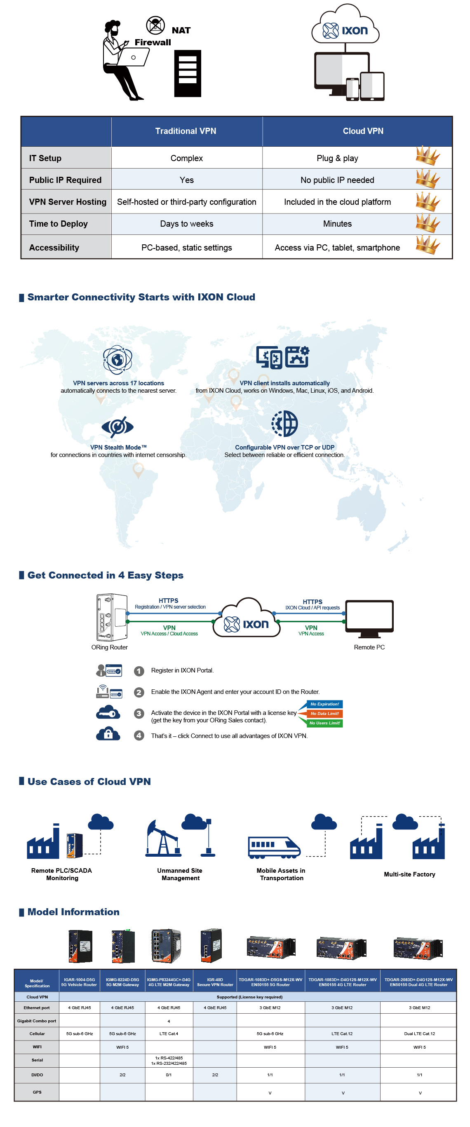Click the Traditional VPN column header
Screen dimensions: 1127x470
(186, 131)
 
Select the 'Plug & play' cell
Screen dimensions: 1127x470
(337, 158)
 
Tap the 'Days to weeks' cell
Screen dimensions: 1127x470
(186, 224)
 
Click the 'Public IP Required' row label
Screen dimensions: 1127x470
(65, 180)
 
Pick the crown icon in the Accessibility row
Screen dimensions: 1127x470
(427, 245)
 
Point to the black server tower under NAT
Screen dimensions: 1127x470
(187, 73)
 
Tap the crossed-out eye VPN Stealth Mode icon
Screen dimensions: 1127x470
(117, 426)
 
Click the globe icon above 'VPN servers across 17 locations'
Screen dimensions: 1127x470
(117, 360)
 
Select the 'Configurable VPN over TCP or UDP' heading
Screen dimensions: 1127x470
(284, 447)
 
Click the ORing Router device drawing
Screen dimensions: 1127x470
(112, 617)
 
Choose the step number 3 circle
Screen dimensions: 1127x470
(139, 713)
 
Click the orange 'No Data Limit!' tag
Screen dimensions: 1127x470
(324, 713)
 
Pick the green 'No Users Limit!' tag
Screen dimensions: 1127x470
(324, 723)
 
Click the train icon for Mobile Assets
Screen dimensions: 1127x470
(273, 846)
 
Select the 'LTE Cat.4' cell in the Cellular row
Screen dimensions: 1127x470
(169, 1033)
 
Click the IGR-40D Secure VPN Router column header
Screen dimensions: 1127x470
(215, 982)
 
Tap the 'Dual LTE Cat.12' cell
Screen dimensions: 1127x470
(419, 1033)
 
